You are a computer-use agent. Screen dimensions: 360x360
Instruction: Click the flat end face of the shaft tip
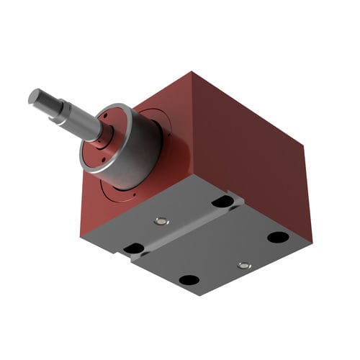[x=34, y=96]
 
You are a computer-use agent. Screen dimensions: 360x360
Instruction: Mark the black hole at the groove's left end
[x=133, y=248]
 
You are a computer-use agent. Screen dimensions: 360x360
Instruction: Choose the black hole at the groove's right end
[x=222, y=202]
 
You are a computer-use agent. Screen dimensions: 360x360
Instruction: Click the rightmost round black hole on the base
[x=278, y=237]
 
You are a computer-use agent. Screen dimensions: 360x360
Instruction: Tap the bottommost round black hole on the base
[x=189, y=280]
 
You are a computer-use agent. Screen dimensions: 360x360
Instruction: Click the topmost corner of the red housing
[x=193, y=72]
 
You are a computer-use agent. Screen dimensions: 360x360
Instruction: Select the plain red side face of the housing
[x=252, y=151]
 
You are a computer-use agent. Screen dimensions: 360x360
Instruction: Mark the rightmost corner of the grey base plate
[x=312, y=242]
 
